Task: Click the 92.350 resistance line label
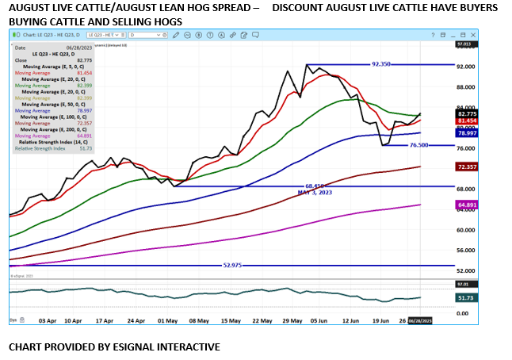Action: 381,64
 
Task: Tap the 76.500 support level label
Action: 419,145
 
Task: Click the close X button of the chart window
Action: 469,36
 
